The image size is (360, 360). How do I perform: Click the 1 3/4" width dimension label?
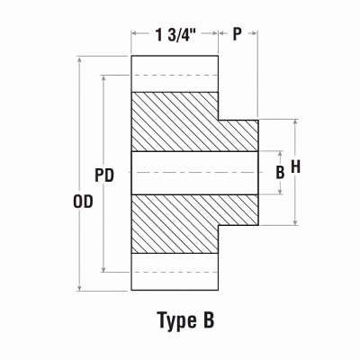point(176,35)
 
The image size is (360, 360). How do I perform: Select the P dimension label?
point(238,35)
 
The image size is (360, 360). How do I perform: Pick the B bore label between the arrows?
point(279,170)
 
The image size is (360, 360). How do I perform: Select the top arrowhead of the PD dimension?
point(105,78)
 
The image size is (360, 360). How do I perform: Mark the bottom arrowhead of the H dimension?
point(296,221)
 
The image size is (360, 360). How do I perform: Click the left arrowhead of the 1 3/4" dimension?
point(136,35)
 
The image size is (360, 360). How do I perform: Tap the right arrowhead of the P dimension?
point(256,35)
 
